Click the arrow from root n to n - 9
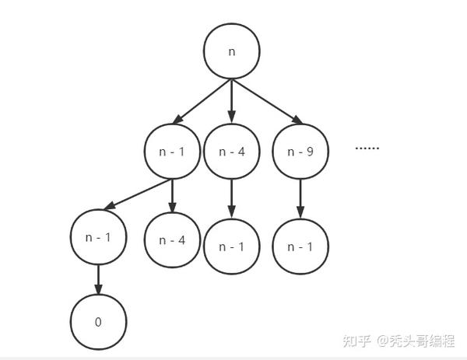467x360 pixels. (x=267, y=101)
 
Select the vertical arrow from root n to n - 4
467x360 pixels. (x=232, y=101)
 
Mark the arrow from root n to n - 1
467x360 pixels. (x=202, y=101)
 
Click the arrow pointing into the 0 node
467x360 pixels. (x=98, y=280)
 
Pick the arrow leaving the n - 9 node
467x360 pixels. (x=300, y=199)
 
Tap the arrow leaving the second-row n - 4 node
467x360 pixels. (x=232, y=199)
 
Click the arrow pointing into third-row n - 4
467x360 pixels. (x=172, y=196)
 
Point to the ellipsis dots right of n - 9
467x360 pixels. (x=367, y=148)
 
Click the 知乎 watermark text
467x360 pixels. (x=356, y=341)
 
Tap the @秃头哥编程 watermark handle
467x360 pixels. (x=416, y=341)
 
